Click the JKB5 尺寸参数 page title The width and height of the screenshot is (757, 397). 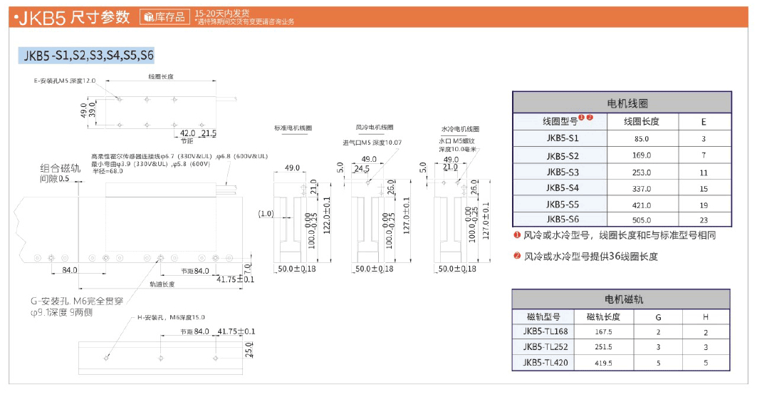coord(72,17)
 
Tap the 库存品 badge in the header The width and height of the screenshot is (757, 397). coord(165,17)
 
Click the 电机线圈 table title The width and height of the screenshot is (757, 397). coord(622,103)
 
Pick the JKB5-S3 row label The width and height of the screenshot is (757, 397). coord(563,172)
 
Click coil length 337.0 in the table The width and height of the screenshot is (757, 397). coord(642,188)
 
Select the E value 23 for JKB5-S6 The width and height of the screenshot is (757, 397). coord(703,220)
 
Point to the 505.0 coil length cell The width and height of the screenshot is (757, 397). coord(642,220)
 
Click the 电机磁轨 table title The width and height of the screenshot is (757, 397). coord(622,299)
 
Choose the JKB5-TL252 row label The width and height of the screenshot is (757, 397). coord(545,347)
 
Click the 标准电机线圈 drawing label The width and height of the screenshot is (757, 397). coord(293,128)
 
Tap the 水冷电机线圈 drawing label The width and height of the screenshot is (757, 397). coord(460,128)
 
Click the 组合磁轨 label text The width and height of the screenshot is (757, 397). coord(61,168)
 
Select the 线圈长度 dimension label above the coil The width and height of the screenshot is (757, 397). coord(161,76)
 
